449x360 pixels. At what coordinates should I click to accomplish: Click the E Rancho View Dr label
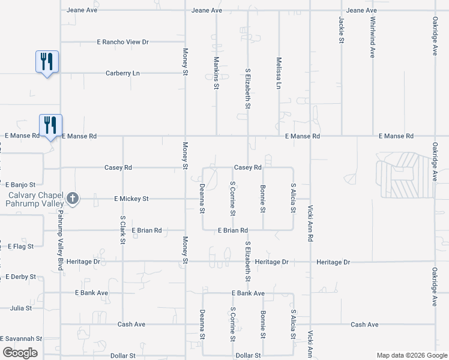pyautogui.click(x=122, y=42)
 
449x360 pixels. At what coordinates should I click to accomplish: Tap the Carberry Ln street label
pyautogui.click(x=122, y=73)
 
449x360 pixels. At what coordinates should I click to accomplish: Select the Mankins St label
pyautogui.click(x=216, y=73)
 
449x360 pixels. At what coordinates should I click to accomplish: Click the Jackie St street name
pyautogui.click(x=341, y=30)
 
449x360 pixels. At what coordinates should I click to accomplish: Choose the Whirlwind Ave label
pyautogui.click(x=372, y=37)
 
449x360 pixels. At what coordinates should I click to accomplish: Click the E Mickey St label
pyautogui.click(x=131, y=199)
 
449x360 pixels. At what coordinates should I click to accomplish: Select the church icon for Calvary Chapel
pyautogui.click(x=72, y=199)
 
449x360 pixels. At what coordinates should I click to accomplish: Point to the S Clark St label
pyautogui.click(x=122, y=230)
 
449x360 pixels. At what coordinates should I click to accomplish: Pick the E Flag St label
pyautogui.click(x=21, y=246)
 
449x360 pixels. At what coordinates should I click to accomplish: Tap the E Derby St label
pyautogui.click(x=21, y=277)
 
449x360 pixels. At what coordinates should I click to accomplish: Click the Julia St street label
pyautogui.click(x=21, y=308)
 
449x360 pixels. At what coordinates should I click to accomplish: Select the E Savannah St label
pyautogui.click(x=21, y=339)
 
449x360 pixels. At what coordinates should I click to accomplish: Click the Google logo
pyautogui.click(x=20, y=353)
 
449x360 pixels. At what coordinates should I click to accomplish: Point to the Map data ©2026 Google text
pyautogui.click(x=411, y=355)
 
